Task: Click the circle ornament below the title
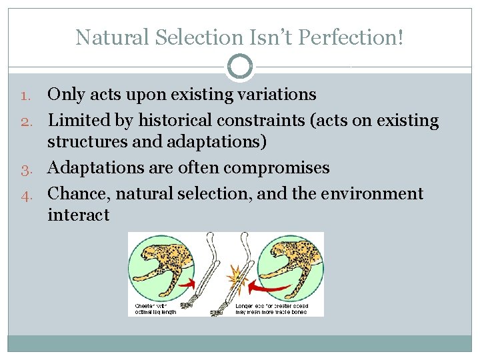coord(240,67)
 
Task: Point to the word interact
coord(78,215)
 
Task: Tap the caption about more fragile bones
coord(271,309)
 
